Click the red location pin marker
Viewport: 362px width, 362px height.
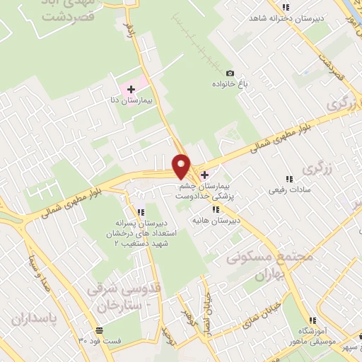182,166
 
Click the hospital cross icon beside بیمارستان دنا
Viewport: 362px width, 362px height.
131,89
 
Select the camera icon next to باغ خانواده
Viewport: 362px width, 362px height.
229,74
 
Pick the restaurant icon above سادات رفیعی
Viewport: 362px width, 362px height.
288,179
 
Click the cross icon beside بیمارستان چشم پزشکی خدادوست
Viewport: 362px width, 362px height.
204,175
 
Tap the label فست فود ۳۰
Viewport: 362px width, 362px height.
98,341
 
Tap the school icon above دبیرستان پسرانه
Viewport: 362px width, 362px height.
140,213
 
